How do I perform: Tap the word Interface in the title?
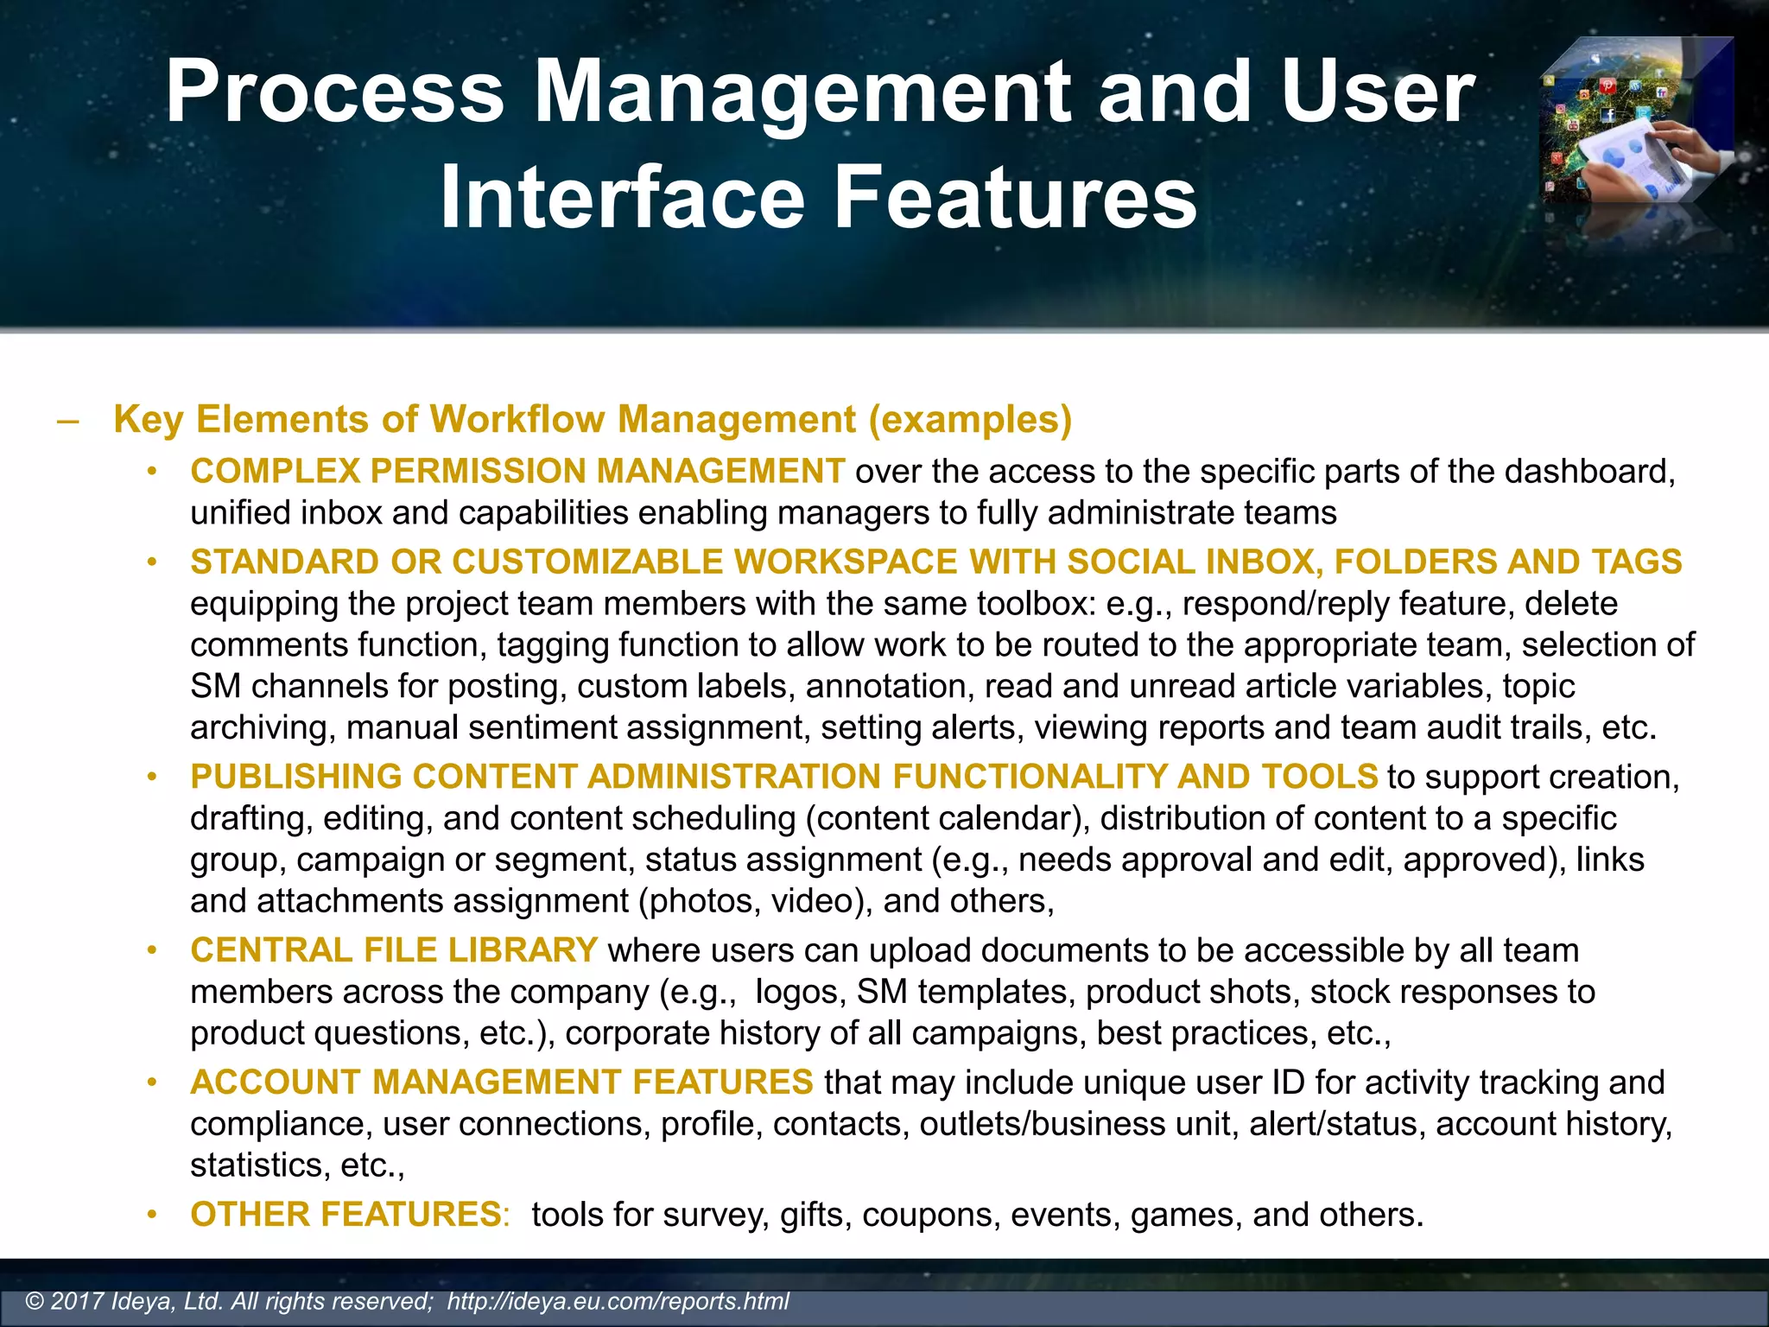coord(622,199)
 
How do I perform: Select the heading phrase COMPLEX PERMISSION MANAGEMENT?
coord(517,472)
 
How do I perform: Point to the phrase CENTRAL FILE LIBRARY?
coord(394,950)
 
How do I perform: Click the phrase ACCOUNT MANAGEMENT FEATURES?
coord(502,1083)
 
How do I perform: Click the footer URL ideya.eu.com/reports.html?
coord(618,1301)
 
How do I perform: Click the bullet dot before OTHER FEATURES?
coord(152,1215)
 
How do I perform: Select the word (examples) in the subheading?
coord(970,420)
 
